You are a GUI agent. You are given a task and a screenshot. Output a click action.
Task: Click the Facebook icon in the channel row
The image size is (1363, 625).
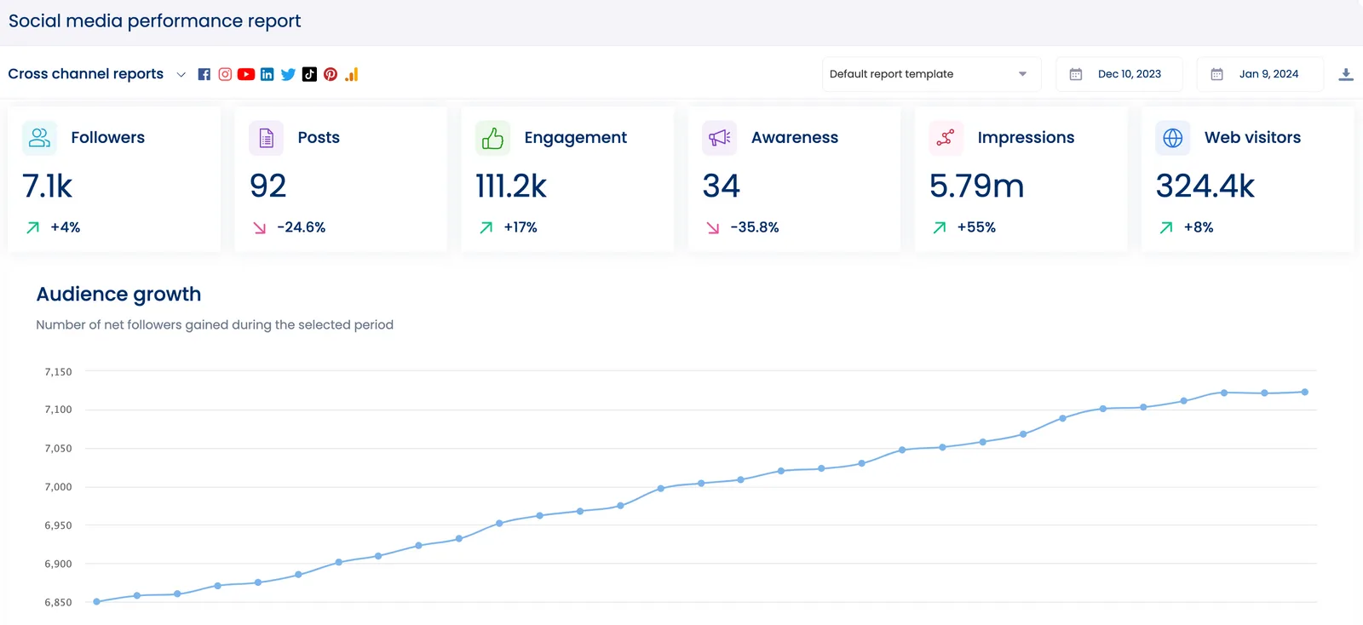(x=204, y=74)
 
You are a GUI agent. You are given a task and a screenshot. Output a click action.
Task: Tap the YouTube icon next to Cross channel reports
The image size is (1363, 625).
(x=246, y=74)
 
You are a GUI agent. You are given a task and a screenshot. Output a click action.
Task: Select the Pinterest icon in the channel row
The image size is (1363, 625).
(x=331, y=74)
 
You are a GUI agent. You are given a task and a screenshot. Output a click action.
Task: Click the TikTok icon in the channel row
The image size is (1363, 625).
(x=309, y=74)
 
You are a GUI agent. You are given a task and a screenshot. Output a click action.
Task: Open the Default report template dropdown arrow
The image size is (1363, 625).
(x=1022, y=74)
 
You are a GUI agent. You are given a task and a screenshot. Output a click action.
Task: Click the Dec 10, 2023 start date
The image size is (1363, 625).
(x=1129, y=74)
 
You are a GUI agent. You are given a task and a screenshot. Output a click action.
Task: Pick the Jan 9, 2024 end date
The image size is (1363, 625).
(x=1268, y=74)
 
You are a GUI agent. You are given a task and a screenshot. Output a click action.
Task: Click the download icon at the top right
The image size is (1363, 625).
(x=1346, y=74)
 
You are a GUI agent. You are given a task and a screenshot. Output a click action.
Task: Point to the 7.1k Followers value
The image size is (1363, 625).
(x=48, y=186)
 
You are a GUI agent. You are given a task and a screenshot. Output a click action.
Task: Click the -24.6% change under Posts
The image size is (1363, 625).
(x=301, y=227)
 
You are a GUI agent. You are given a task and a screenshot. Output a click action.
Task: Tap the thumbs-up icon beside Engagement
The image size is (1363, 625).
(x=492, y=138)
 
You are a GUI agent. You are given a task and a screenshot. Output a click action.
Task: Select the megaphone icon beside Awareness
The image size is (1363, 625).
(x=720, y=138)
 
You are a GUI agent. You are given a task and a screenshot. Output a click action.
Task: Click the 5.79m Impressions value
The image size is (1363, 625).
(x=976, y=186)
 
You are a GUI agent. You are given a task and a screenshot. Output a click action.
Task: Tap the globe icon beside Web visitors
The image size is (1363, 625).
(x=1173, y=138)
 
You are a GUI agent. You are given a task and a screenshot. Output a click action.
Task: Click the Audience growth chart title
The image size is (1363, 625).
(x=118, y=294)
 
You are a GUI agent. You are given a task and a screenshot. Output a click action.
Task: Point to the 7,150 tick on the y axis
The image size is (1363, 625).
(x=58, y=372)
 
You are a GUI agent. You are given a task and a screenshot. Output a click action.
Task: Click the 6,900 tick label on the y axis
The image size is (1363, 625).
(x=58, y=564)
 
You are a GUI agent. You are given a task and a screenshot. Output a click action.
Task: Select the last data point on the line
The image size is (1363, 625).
(x=1305, y=392)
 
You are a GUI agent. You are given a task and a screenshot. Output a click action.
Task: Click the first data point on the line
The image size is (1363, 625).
(x=96, y=601)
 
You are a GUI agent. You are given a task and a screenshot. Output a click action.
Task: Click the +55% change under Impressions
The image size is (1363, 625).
(x=976, y=227)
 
